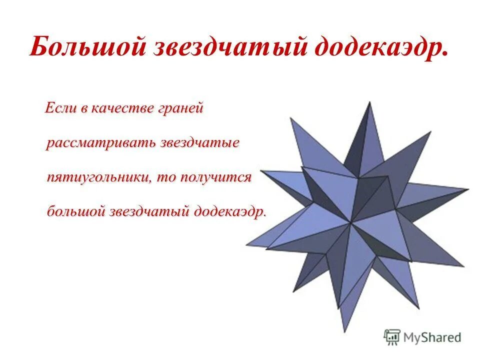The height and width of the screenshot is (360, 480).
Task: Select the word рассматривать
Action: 100,142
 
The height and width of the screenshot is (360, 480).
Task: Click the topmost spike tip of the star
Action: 369,102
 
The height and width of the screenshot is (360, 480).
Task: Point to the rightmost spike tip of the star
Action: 468,189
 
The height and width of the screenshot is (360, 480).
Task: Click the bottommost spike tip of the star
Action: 344,331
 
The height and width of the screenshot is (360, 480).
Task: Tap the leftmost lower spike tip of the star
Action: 246,245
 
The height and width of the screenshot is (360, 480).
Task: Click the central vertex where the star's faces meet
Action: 351,223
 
